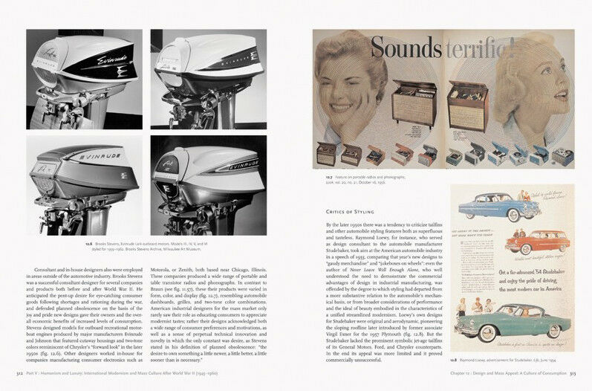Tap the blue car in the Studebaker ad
491,205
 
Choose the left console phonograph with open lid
414,100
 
